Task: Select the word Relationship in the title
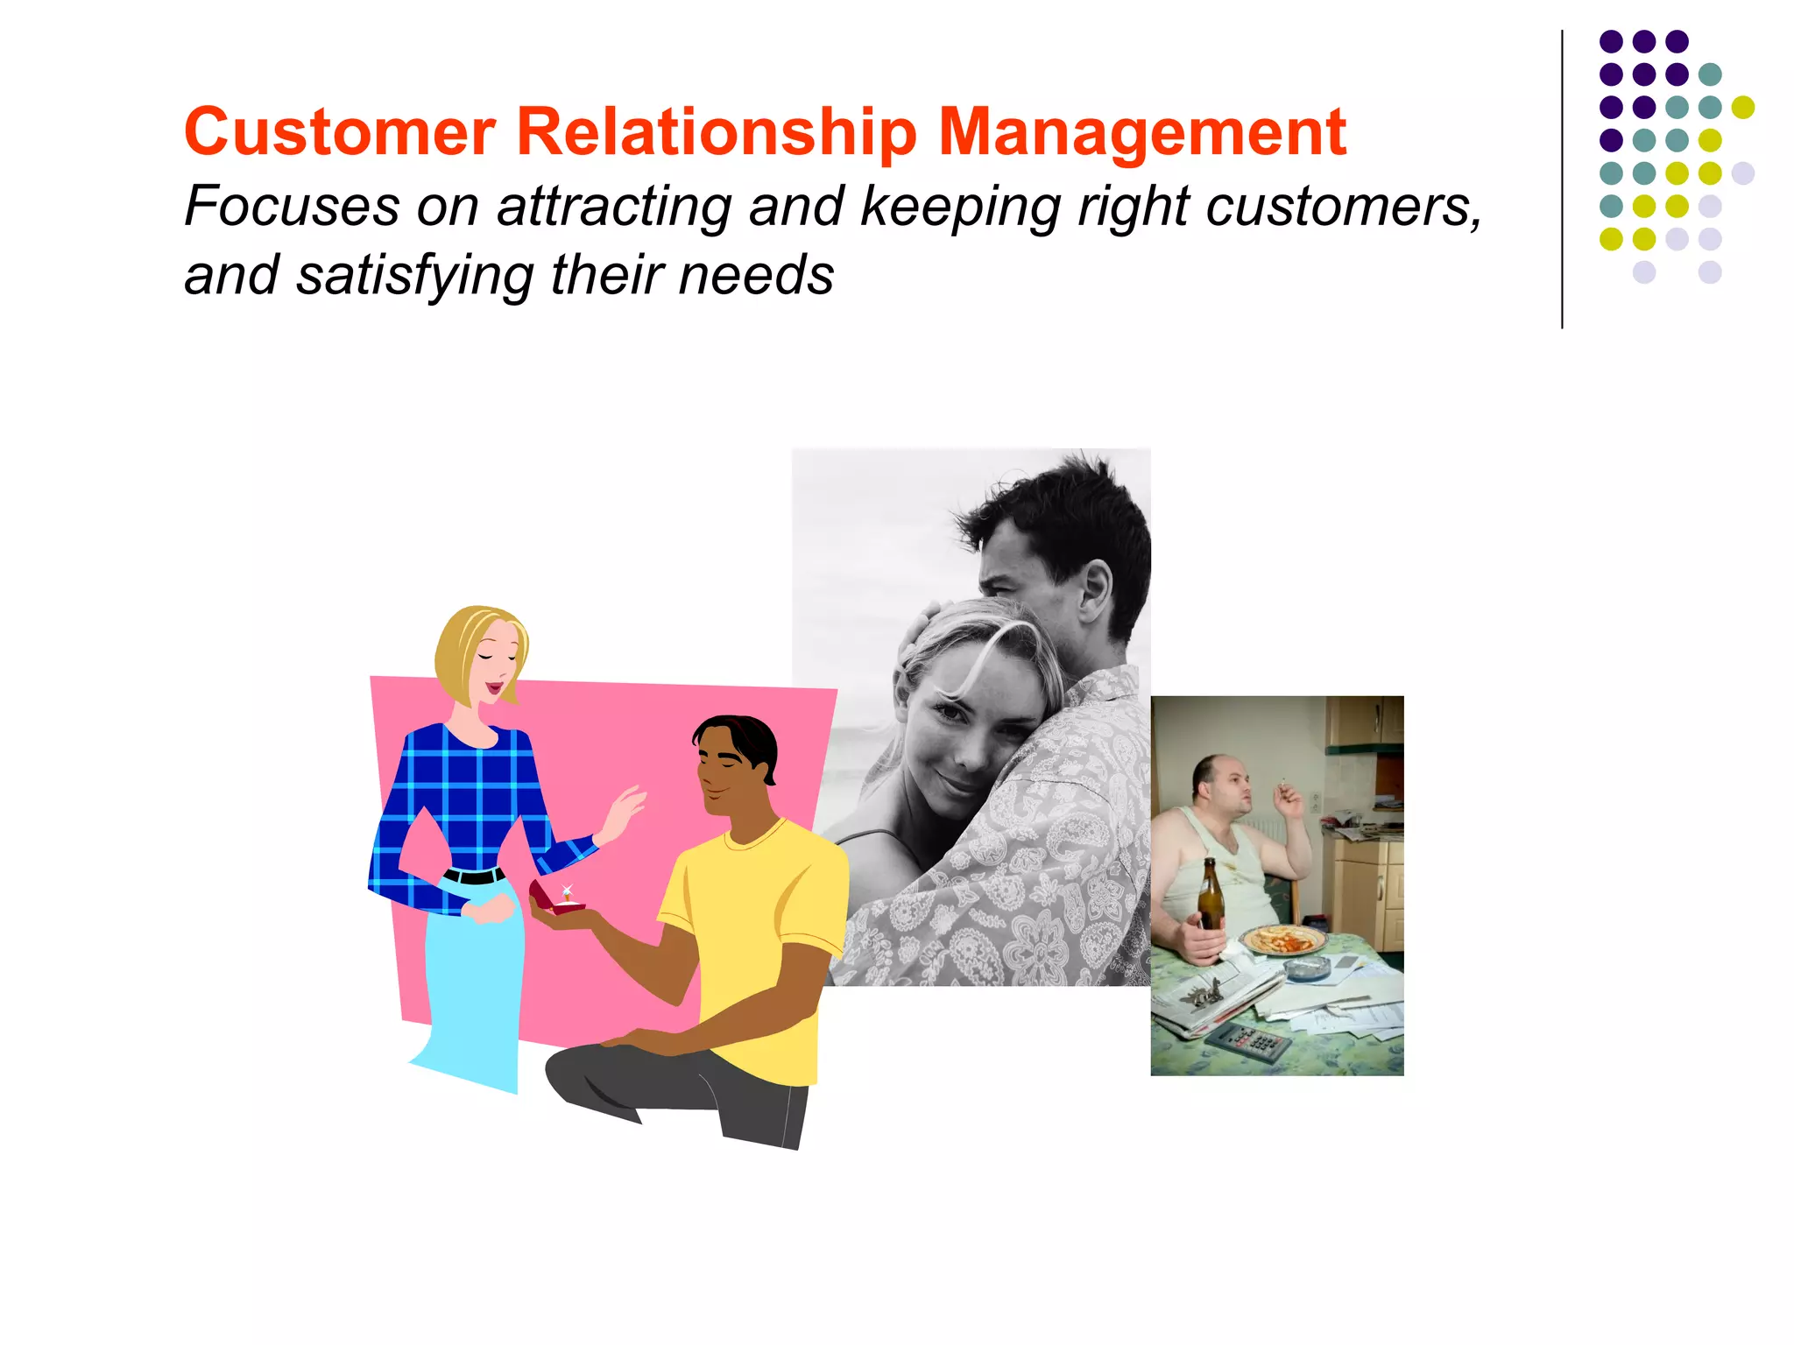click(x=716, y=132)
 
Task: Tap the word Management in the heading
click(x=1141, y=132)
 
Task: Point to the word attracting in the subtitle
click(x=612, y=208)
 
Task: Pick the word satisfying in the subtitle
click(x=414, y=276)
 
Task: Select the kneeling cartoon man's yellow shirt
click(x=753, y=928)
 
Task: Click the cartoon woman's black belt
click(x=474, y=875)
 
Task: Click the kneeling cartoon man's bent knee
click(x=569, y=1064)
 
